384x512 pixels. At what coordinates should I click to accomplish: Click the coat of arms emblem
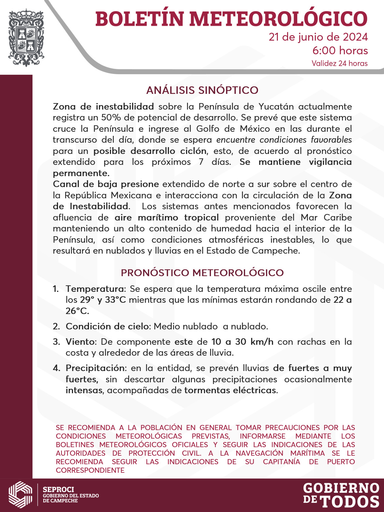point(26,38)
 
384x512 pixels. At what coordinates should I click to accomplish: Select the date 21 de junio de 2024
point(318,37)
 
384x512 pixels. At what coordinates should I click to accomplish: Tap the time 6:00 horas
point(340,51)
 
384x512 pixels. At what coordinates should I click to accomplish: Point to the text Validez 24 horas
point(339,63)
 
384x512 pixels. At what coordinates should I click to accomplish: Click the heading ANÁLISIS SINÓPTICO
point(202,90)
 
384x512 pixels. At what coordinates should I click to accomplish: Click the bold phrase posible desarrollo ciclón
point(150,151)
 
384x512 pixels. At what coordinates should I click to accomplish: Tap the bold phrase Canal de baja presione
point(106,184)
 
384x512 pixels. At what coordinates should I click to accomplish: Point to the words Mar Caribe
point(326,217)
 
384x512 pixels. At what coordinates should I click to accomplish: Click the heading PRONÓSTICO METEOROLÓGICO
point(202,273)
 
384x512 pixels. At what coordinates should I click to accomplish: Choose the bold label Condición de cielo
point(108,326)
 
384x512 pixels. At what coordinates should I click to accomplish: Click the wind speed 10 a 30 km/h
point(242,342)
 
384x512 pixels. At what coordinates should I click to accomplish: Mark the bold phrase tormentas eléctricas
point(230,390)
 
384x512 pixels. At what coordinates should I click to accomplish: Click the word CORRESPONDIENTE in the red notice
point(90,470)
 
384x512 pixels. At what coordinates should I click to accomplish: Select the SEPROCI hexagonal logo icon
point(20,495)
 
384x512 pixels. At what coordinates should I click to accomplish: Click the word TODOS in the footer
point(350,501)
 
